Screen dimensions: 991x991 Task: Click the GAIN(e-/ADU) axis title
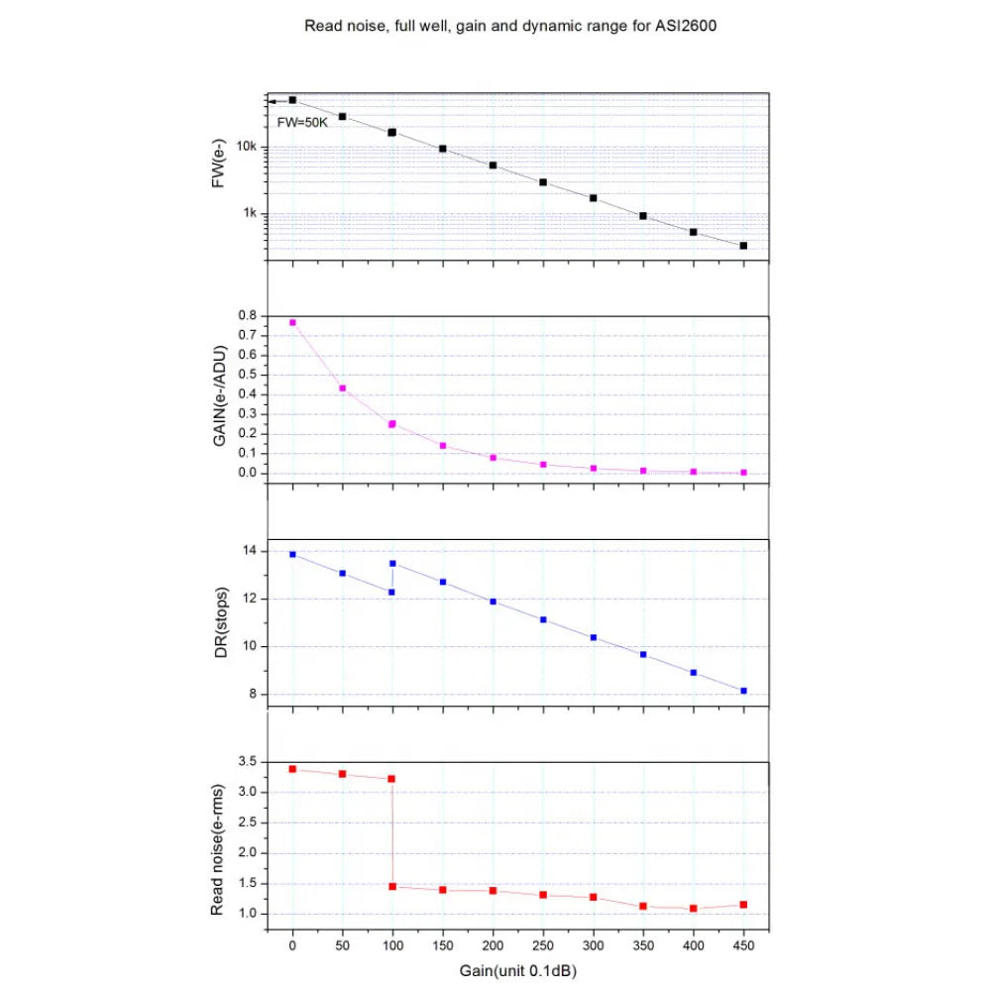tap(220, 396)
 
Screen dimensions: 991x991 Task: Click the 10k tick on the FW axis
tap(248, 148)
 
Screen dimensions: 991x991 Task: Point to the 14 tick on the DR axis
tap(250, 551)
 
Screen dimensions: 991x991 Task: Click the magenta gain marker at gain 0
tap(292, 322)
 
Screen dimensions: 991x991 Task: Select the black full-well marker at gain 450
tap(743, 245)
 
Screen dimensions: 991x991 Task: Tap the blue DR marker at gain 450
tap(743, 691)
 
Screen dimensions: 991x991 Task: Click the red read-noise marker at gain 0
tap(292, 769)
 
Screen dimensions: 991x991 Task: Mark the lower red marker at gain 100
tap(393, 886)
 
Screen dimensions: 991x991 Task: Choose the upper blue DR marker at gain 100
tap(393, 563)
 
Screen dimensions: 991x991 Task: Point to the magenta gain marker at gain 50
tap(343, 388)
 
